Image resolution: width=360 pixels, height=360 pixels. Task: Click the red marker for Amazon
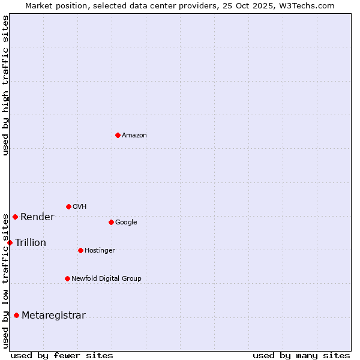click(x=118, y=135)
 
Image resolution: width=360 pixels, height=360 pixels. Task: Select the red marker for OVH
click(x=68, y=206)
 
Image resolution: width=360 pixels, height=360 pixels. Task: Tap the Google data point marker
click(x=111, y=222)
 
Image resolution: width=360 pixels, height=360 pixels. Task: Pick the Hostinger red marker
click(x=80, y=250)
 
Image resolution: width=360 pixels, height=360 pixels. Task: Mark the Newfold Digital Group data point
click(x=67, y=278)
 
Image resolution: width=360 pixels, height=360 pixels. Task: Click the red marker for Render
click(x=15, y=217)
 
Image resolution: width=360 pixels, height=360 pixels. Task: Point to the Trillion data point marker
click(x=10, y=242)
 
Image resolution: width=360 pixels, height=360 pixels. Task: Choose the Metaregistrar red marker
click(x=16, y=315)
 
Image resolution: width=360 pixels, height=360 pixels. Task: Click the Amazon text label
click(x=134, y=136)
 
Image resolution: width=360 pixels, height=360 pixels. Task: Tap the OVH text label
click(x=80, y=207)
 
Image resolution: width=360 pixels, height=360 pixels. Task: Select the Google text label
click(x=126, y=223)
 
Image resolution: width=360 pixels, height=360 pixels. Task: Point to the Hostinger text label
click(x=100, y=251)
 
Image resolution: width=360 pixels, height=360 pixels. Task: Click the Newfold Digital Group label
click(x=106, y=279)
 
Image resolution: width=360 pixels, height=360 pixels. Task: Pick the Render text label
click(x=37, y=217)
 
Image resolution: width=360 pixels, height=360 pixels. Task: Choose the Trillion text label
click(x=31, y=243)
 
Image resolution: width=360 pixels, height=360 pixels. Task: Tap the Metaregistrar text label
click(x=53, y=316)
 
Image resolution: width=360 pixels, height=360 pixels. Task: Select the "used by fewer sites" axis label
click(x=62, y=355)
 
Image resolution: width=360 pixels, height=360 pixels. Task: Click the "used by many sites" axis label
click(x=301, y=355)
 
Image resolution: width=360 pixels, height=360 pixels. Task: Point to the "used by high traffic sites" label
click(x=6, y=85)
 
